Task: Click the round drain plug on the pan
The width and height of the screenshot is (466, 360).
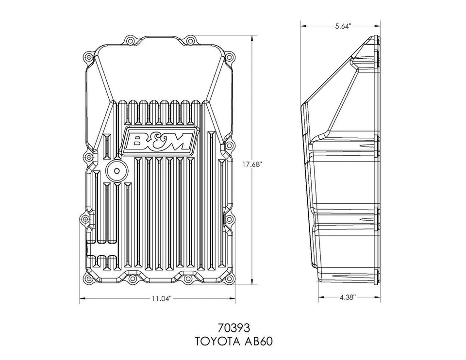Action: (116, 171)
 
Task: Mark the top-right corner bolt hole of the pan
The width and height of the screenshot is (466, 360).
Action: (231, 58)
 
